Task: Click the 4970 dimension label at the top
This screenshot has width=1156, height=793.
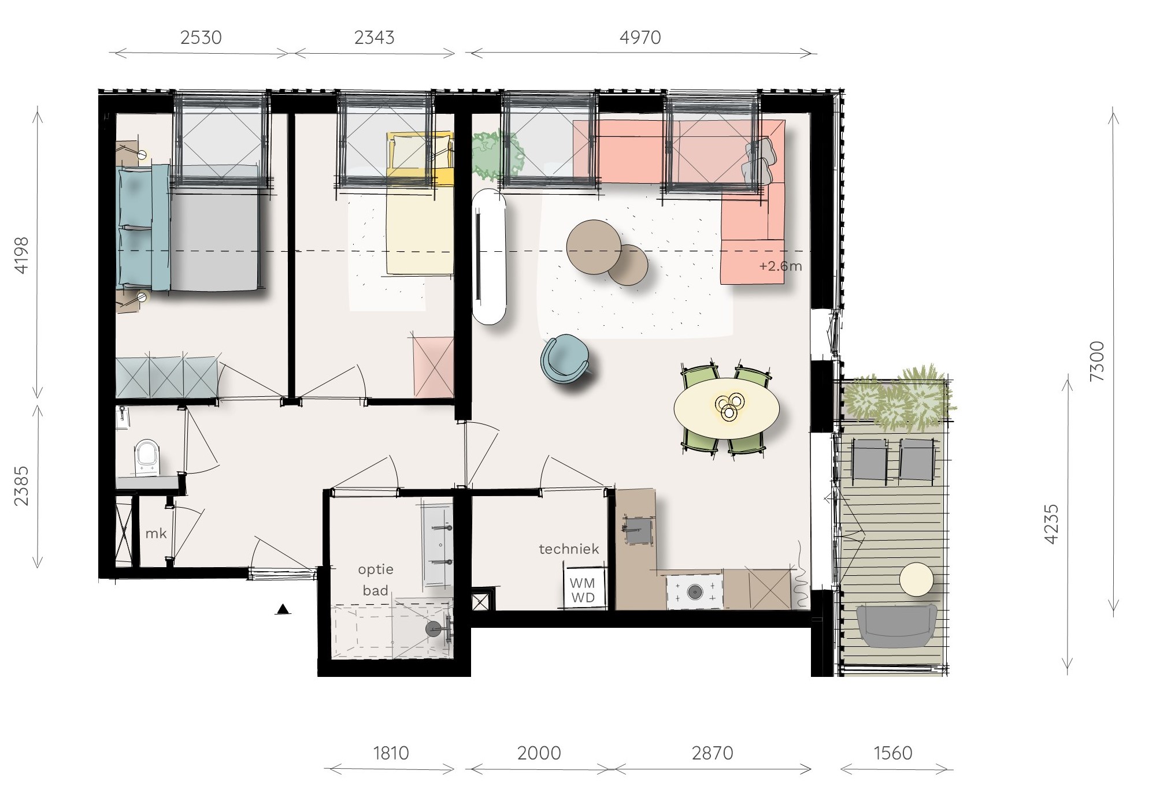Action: [x=640, y=38]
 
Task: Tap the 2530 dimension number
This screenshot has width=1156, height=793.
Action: [x=201, y=38]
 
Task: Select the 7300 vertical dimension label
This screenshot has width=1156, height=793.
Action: [x=1096, y=361]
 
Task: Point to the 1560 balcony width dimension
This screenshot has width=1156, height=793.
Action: [x=893, y=753]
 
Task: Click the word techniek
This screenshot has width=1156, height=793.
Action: [x=569, y=549]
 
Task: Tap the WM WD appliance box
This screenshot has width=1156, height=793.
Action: [x=583, y=589]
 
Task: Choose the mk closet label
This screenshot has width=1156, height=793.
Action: [x=156, y=533]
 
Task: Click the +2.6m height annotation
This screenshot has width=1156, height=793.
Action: [x=780, y=266]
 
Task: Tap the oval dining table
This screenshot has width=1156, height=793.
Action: [x=727, y=408]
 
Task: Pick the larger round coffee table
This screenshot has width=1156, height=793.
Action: [x=594, y=247]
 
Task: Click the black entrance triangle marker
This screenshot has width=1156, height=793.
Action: [x=283, y=609]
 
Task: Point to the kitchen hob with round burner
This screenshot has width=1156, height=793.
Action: [x=694, y=591]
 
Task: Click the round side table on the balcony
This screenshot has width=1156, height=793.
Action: [x=916, y=579]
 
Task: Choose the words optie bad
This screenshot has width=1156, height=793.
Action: [x=376, y=580]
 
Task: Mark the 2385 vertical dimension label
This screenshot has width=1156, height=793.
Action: [x=21, y=486]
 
